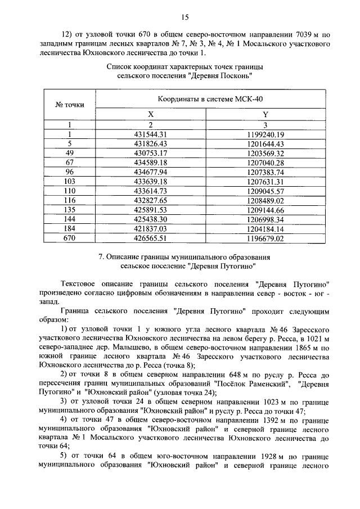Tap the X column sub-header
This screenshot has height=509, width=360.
click(x=151, y=115)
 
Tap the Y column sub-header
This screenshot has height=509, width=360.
click(x=265, y=115)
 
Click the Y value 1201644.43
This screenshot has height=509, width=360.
click(x=265, y=144)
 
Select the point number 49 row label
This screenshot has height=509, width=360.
click(x=69, y=153)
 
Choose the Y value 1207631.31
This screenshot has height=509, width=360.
click(x=265, y=182)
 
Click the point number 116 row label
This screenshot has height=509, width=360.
click(x=69, y=200)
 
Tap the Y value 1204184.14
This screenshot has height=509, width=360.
click(x=265, y=229)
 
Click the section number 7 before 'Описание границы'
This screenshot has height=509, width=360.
click(x=100, y=257)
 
